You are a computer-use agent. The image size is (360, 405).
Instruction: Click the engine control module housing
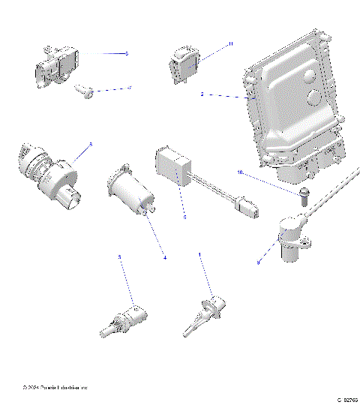(x=296, y=105)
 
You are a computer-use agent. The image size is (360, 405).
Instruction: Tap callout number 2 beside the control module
(x=202, y=95)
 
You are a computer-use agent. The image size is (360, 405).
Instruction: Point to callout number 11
(x=231, y=44)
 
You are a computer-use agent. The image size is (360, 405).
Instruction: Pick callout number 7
(x=129, y=88)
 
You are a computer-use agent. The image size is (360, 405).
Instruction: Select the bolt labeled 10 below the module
(x=304, y=196)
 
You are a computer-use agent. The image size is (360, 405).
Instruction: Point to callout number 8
(x=91, y=144)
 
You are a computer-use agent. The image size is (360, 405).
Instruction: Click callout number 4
(x=165, y=259)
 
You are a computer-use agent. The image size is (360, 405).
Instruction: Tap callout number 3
(x=118, y=257)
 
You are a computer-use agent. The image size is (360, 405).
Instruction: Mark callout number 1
(x=199, y=255)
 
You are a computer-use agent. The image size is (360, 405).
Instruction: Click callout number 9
(x=259, y=262)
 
